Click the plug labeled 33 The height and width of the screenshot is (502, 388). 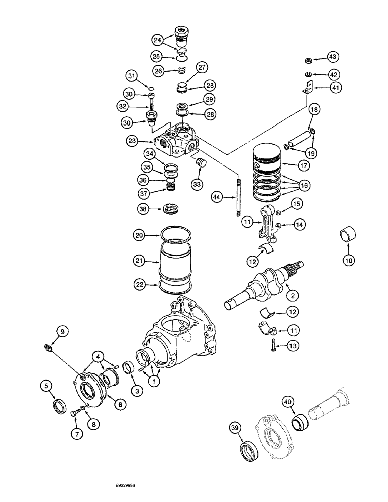pyautogui.click(x=202, y=164)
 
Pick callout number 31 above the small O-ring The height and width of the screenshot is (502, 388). pyautogui.click(x=131, y=76)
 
